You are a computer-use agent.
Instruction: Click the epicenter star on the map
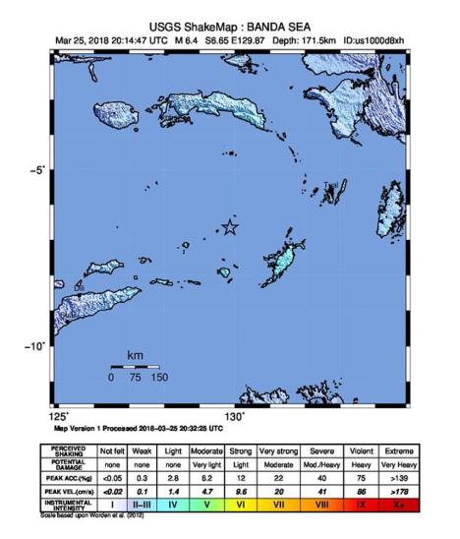[230, 228]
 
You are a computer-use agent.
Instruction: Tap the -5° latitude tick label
[36, 169]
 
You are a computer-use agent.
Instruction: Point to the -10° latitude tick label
[34, 345]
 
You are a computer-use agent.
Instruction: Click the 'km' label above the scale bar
[135, 355]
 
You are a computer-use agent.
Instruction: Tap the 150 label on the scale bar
[158, 378]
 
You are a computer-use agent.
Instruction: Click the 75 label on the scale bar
[135, 378]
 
